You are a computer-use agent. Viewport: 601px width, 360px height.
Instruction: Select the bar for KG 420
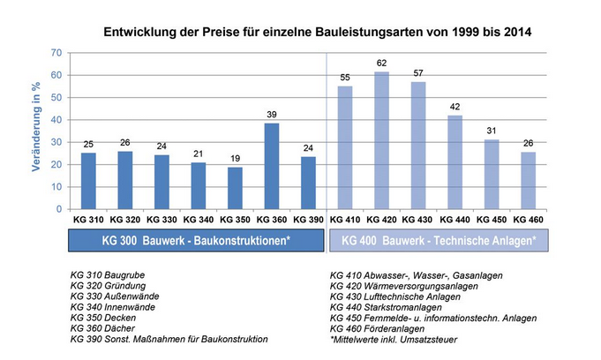tap(380, 140)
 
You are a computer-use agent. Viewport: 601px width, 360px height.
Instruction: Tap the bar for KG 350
tap(234, 188)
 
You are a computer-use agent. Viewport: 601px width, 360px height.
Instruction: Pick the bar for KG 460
tap(527, 180)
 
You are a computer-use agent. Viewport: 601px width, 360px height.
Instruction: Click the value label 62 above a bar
tap(380, 64)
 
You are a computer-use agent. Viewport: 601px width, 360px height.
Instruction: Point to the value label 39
tap(271, 115)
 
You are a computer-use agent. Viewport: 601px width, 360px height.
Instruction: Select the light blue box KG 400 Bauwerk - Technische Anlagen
tap(438, 241)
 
